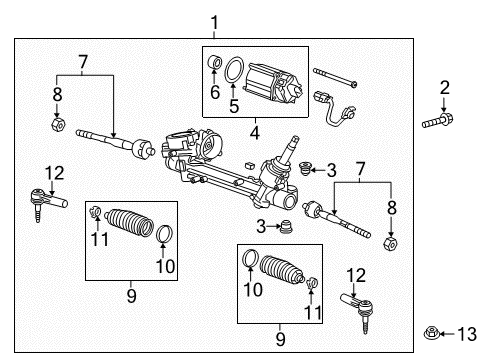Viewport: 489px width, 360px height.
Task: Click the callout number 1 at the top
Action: click(213, 21)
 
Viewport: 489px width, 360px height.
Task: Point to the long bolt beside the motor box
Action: click(339, 74)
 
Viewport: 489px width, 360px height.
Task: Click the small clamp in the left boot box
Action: click(94, 212)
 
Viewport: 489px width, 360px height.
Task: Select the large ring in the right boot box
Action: click(252, 263)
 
